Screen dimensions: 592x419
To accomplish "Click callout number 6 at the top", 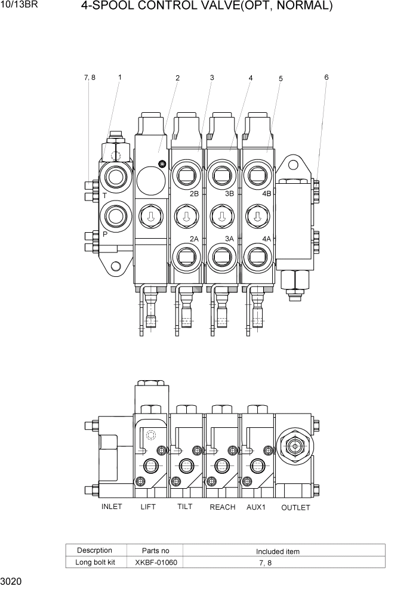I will pyautogui.click(x=326, y=77).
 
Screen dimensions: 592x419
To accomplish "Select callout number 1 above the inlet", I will pyautogui.click(x=120, y=77).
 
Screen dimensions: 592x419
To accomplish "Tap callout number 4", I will pyautogui.click(x=251, y=78).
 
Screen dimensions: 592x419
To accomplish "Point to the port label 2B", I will pyautogui.click(x=194, y=194).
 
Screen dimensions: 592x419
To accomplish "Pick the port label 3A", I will pyautogui.click(x=230, y=239).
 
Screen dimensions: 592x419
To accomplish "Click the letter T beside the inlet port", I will pyautogui.click(x=104, y=196).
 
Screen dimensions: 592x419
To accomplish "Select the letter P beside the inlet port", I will pyautogui.click(x=104, y=235).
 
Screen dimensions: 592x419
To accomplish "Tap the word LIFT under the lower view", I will pyautogui.click(x=147, y=507).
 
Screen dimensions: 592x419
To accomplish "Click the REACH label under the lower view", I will pyautogui.click(x=222, y=507).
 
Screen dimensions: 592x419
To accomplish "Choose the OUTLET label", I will pyautogui.click(x=295, y=507).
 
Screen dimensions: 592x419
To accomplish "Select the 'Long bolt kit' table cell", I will pyautogui.click(x=94, y=562).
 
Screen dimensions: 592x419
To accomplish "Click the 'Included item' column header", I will pyautogui.click(x=278, y=551).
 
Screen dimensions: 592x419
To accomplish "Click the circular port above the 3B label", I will pyautogui.click(x=222, y=176).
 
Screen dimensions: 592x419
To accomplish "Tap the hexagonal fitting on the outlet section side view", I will pyautogui.click(x=294, y=445).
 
